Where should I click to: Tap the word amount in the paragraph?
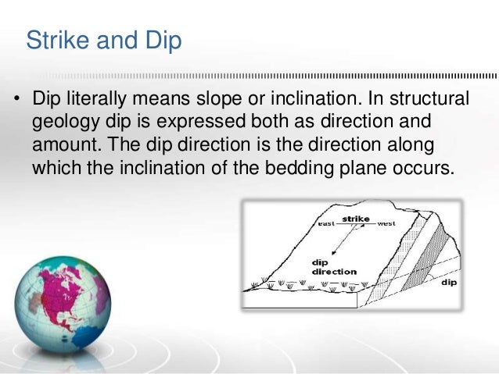pyautogui.click(x=63, y=146)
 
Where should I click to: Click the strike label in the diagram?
pyautogui.click(x=356, y=219)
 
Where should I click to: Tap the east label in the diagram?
pyautogui.click(x=328, y=223)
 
